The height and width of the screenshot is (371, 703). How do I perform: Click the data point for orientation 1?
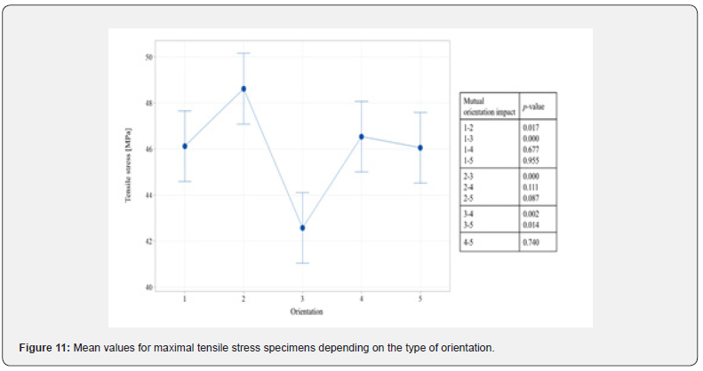(185, 146)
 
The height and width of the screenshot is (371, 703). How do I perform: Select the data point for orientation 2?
(244, 89)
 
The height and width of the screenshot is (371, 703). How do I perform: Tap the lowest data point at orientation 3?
(302, 228)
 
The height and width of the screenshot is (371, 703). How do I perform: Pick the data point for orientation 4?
(362, 137)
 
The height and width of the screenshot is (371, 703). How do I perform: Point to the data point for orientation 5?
(420, 147)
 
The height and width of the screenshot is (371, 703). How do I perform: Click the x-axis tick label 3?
(302, 300)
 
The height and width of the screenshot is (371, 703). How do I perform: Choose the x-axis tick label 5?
(420, 300)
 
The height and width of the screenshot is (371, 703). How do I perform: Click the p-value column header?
(533, 107)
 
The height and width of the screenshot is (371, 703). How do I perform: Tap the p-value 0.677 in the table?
(531, 151)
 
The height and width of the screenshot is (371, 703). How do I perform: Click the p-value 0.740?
(531, 242)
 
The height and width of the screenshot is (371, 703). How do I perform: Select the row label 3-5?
(468, 225)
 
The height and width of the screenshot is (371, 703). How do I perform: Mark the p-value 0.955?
(531, 162)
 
